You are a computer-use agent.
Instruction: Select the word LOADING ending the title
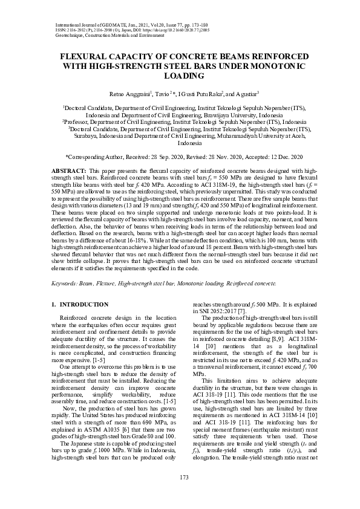click(180, 76)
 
